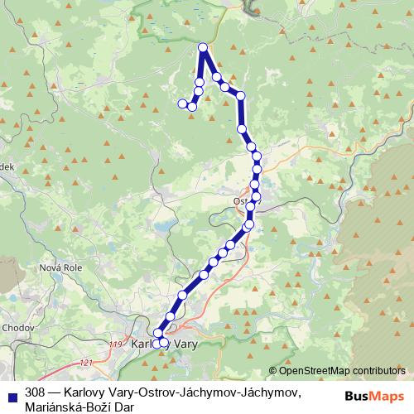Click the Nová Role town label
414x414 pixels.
pyautogui.click(x=60, y=267)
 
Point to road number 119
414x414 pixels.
pyautogui.click(x=114, y=342)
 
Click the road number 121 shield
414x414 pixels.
pyautogui.click(x=86, y=362)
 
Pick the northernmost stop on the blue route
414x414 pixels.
pyautogui.click(x=203, y=48)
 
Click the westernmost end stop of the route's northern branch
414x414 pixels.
pyautogui.click(x=182, y=103)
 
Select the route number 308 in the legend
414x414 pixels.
pyautogui.click(x=36, y=390)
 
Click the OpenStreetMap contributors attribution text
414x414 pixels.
pyautogui.click(x=339, y=371)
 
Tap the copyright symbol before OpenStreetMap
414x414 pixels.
pyautogui.click(x=273, y=371)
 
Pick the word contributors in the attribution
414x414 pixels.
pyautogui.click(x=377, y=371)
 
